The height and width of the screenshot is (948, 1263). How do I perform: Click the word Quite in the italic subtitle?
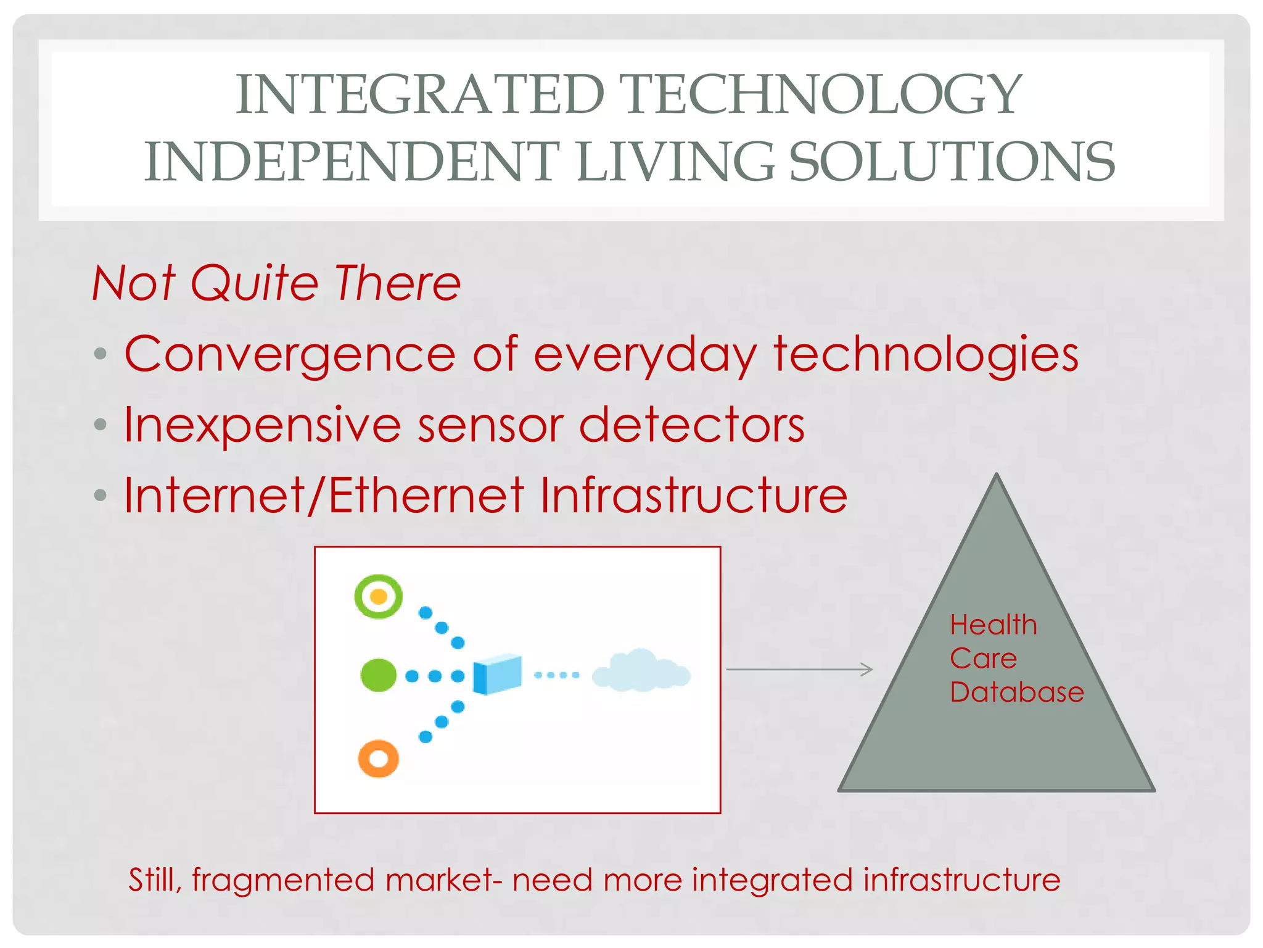pos(254,283)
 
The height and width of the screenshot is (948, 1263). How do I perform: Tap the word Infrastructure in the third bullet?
pos(694,496)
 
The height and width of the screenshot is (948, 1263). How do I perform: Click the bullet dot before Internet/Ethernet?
pos(101,495)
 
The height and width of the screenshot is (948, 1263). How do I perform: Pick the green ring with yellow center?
pos(378,596)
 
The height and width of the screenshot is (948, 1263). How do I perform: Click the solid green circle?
pos(378,675)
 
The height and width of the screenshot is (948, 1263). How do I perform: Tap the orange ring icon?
pos(378,759)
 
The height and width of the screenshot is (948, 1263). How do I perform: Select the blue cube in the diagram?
pos(497,675)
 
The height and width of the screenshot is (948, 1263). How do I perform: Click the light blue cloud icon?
pos(641,671)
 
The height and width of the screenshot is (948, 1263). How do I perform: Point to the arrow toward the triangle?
pos(799,669)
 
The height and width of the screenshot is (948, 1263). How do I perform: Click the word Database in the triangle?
pos(1016,692)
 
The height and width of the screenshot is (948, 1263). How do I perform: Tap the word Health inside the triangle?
pos(993,625)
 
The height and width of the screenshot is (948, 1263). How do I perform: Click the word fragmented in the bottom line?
pos(283,880)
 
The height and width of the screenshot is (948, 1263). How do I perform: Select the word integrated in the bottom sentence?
pos(772,880)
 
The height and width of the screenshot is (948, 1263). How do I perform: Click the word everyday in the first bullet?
pos(645,356)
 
